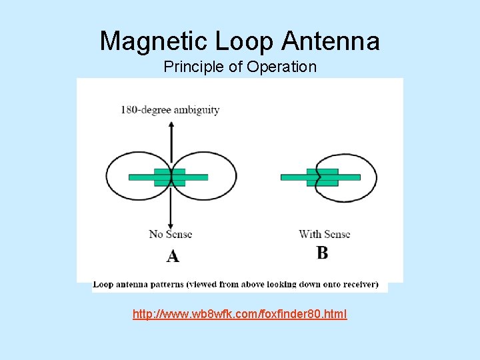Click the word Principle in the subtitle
point(193,67)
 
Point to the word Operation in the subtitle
point(281,67)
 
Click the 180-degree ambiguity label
point(170,109)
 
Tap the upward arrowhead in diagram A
point(172,124)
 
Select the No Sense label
point(171,234)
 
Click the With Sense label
point(325,234)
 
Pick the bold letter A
point(173,256)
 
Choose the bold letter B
point(323,253)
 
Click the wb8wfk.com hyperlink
point(239,314)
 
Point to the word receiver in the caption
point(357,284)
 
